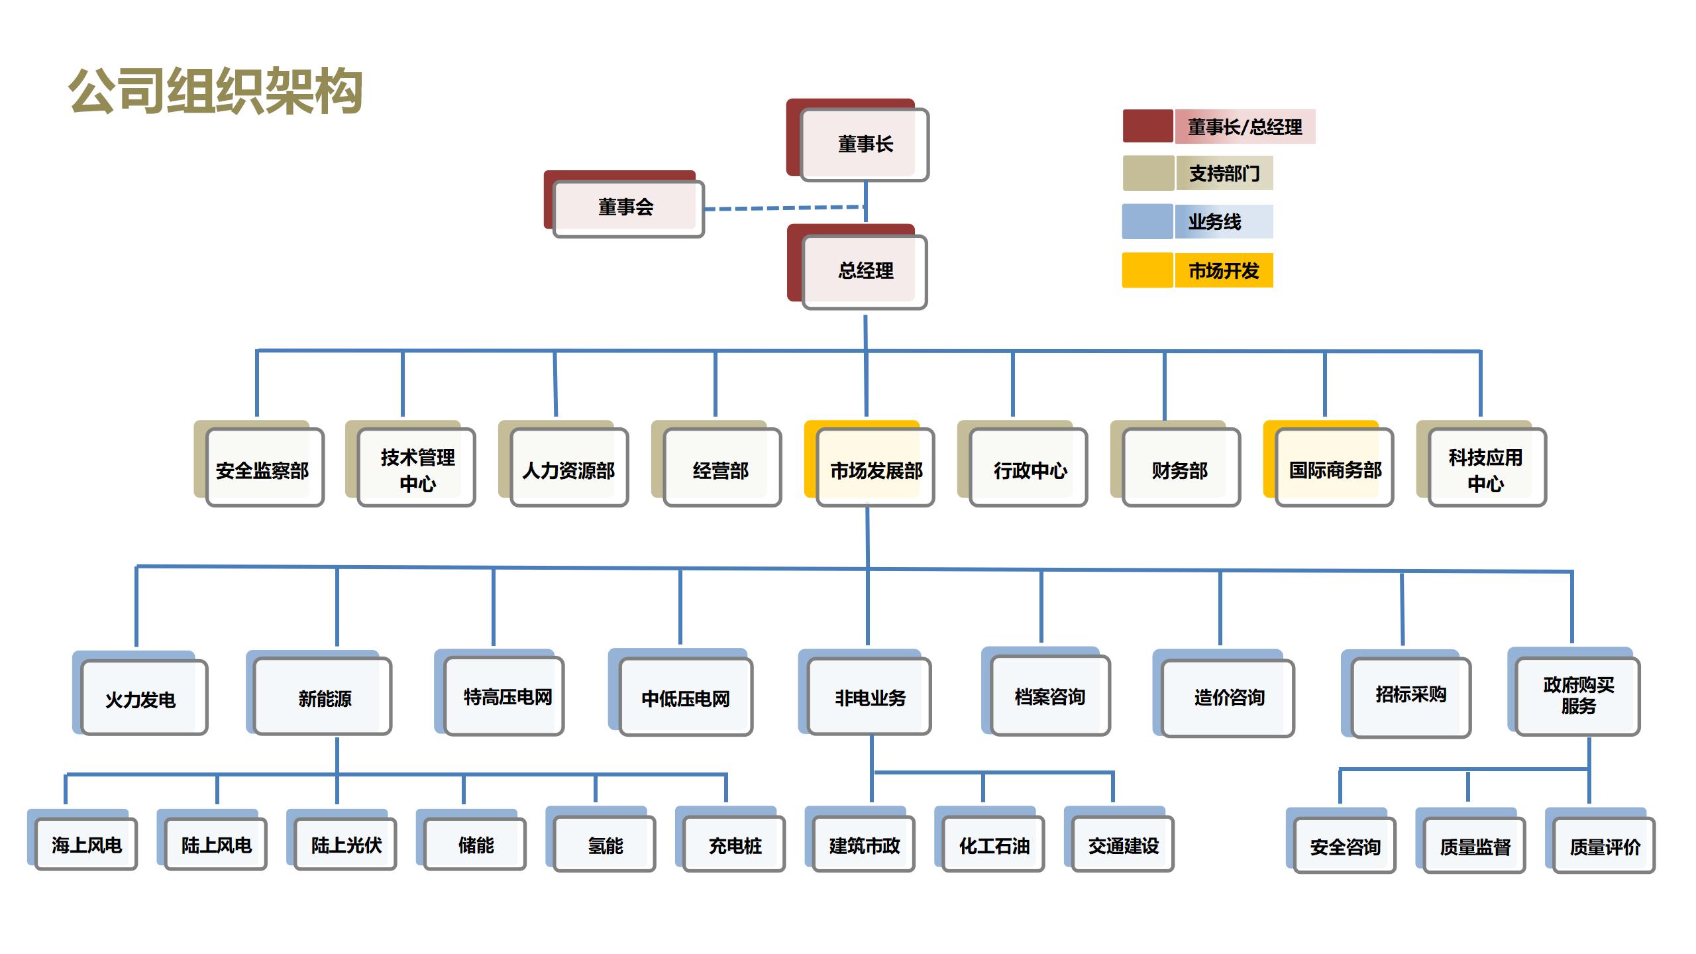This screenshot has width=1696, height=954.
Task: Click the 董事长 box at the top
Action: click(x=864, y=144)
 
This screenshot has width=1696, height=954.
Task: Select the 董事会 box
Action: click(x=627, y=208)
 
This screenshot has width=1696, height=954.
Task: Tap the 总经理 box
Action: click(x=865, y=271)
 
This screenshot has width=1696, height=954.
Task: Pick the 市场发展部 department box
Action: click(x=875, y=469)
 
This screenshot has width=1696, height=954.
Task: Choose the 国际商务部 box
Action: click(x=1334, y=469)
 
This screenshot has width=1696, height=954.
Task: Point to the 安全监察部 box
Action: click(x=264, y=469)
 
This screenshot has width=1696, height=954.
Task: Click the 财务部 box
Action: click(x=1181, y=469)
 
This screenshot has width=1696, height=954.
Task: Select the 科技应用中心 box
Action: click(x=1487, y=469)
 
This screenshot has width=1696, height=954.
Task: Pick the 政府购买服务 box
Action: click(x=1577, y=696)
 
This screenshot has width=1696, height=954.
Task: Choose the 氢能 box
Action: click(x=604, y=845)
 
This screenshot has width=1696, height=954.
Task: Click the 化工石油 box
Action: click(x=993, y=845)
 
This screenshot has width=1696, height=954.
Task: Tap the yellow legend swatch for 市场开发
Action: click(x=1147, y=270)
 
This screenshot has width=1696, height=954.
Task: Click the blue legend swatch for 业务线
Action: click(x=1147, y=221)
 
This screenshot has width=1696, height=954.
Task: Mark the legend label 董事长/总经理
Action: click(x=1244, y=127)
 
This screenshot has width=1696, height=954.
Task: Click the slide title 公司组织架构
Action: click(x=216, y=91)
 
